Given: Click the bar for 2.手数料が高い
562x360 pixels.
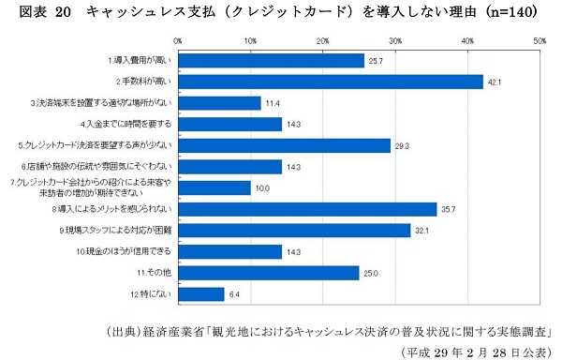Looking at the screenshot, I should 330,82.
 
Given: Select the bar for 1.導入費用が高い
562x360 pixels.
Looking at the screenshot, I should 271,61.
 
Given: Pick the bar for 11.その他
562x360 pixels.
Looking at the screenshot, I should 269,273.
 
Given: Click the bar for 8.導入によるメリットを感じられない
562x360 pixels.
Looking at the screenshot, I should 307,209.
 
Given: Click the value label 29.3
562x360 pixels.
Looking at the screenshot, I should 404,145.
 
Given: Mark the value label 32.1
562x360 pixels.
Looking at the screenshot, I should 424,231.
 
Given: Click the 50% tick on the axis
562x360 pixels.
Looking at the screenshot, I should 540,41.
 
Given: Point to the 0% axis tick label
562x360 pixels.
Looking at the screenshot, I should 178,41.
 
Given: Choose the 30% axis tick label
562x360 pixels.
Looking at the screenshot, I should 395,41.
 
